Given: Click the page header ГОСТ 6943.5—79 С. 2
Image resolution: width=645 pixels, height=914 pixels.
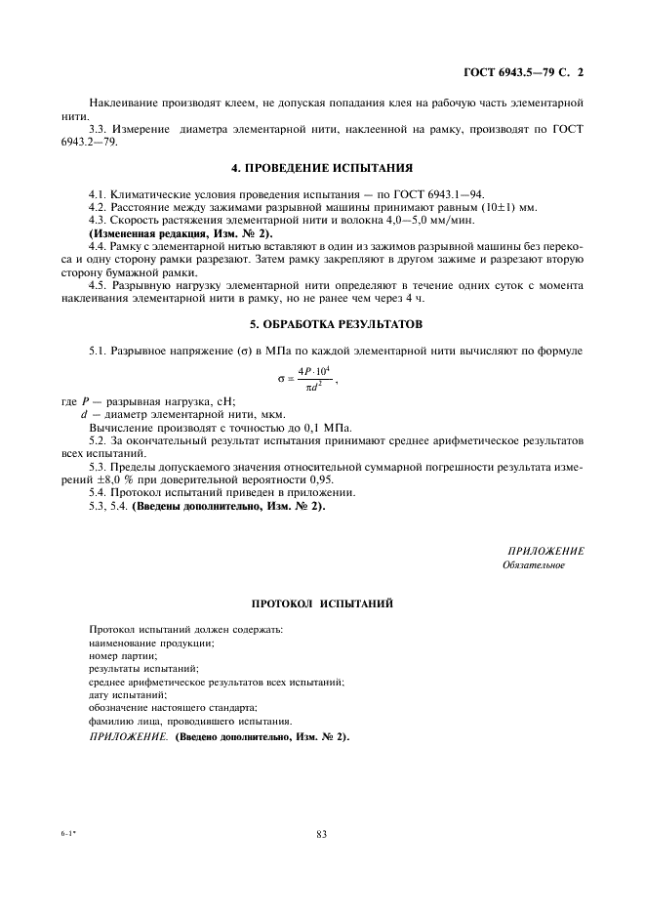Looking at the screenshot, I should point(528,71).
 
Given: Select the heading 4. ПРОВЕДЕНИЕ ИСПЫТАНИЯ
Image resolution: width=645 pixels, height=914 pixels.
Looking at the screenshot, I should point(322,167).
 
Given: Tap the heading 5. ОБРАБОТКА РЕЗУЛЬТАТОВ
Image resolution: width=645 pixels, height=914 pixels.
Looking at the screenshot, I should point(322,323).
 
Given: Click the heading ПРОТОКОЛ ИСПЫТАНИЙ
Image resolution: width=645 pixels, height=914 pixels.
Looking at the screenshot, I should point(322,604).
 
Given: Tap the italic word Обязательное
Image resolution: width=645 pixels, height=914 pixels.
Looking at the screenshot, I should point(533,565).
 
